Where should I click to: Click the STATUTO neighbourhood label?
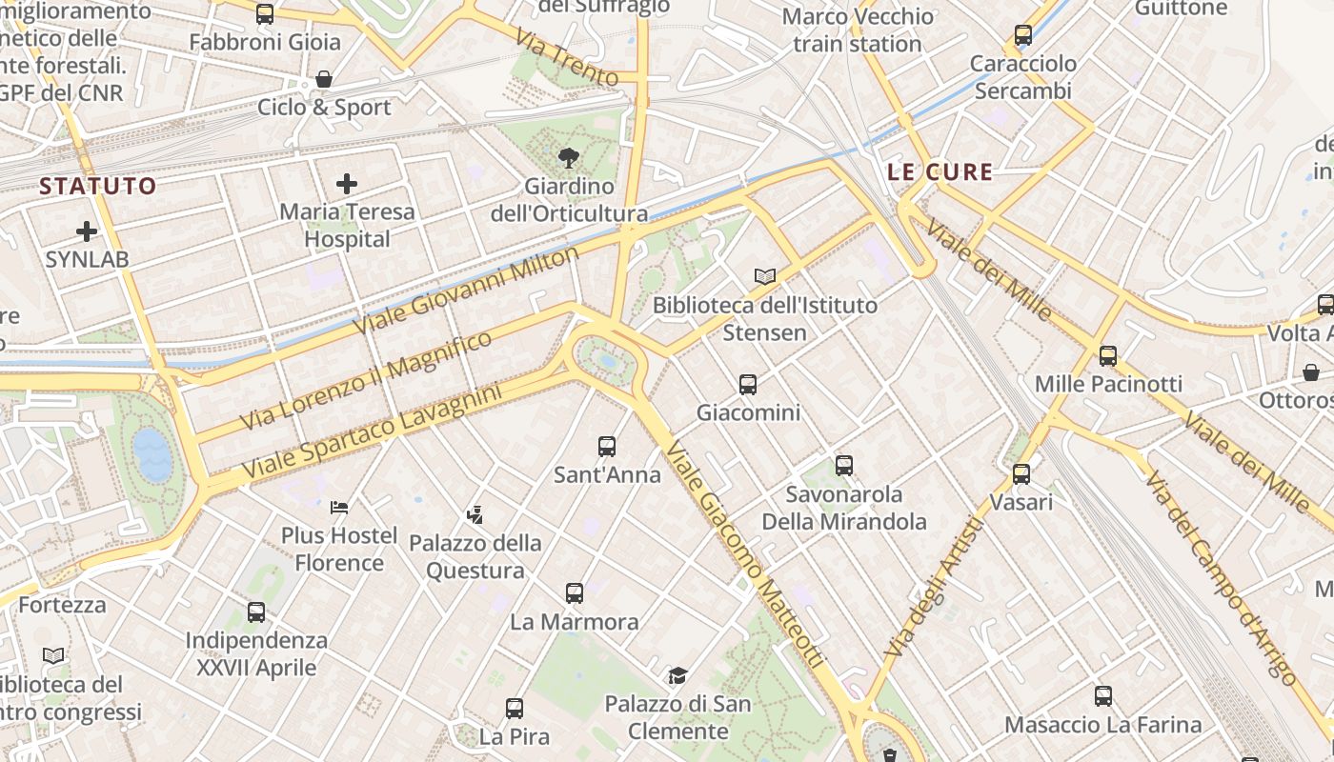coord(98,186)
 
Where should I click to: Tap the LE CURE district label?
coord(940,172)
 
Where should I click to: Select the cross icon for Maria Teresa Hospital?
coord(347,183)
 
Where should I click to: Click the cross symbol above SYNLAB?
coord(87,231)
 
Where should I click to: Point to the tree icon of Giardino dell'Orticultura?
coord(568,157)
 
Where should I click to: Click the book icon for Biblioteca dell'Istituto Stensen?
coord(764,276)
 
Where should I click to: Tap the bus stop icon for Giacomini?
coord(748,385)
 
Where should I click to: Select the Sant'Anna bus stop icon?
coord(607,446)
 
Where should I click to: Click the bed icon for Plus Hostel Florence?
coord(339,507)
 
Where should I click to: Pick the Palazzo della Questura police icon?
coord(475,515)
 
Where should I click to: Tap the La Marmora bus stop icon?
coord(574,593)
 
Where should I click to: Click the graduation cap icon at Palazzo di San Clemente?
coord(677,675)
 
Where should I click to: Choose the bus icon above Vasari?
coord(1021,473)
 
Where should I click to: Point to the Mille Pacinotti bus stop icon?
coord(1107,356)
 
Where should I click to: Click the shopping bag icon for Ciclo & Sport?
coord(324,79)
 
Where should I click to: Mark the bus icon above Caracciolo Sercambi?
coord(1023,35)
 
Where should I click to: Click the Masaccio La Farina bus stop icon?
coord(1103,696)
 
